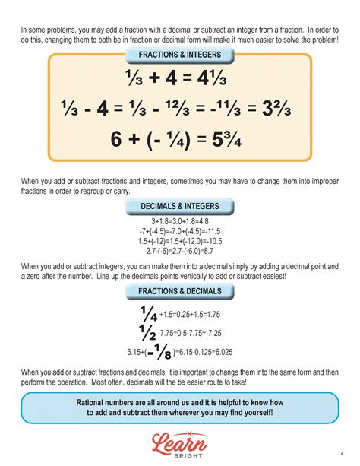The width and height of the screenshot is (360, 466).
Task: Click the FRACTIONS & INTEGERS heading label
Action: click(x=180, y=55)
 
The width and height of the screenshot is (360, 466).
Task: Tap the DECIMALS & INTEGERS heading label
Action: click(x=180, y=206)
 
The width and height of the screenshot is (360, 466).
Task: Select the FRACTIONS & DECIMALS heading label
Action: click(x=180, y=291)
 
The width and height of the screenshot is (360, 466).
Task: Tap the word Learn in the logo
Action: click(x=180, y=440)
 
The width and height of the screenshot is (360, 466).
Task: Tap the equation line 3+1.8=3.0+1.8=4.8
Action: click(x=180, y=221)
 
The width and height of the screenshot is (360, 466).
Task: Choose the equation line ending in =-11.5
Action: click(x=180, y=231)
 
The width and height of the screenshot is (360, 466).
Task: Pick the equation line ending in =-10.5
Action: click(x=180, y=241)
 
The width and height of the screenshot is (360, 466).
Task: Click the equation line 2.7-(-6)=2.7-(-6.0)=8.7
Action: click(x=180, y=251)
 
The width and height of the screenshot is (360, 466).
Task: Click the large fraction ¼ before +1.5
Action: click(x=148, y=313)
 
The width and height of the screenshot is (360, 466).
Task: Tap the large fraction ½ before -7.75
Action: click(x=148, y=332)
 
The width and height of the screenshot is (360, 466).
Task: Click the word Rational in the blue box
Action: click(x=93, y=402)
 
